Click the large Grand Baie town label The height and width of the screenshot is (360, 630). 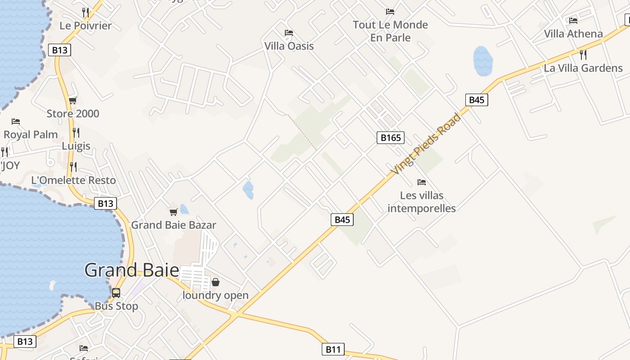click(x=131, y=270)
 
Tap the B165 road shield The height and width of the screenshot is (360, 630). click(x=390, y=138)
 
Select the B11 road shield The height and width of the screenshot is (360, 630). click(x=333, y=349)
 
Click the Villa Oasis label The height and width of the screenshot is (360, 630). click(x=289, y=46)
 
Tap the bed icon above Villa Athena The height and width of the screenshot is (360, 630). click(x=573, y=20)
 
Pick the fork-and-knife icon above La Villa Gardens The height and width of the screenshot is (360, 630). click(x=583, y=55)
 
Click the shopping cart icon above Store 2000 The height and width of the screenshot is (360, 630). click(x=72, y=101)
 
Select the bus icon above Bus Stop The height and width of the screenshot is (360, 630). click(x=116, y=293)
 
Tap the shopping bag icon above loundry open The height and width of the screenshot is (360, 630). click(x=216, y=282)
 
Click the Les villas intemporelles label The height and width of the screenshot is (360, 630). click(x=422, y=202)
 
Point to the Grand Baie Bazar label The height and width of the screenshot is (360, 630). click(x=174, y=225)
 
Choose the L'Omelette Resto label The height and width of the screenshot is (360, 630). click(x=73, y=180)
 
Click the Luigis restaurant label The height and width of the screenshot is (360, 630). click(x=76, y=146)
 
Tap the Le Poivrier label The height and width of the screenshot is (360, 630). click(x=85, y=26)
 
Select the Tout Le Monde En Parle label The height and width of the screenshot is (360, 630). click(x=390, y=31)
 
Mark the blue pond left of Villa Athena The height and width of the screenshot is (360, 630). click(x=483, y=61)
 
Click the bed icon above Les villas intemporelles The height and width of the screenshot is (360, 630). click(x=421, y=182)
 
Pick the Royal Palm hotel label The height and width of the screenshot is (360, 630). click(x=31, y=135)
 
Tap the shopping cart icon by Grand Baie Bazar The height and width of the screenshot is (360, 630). click(x=173, y=212)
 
